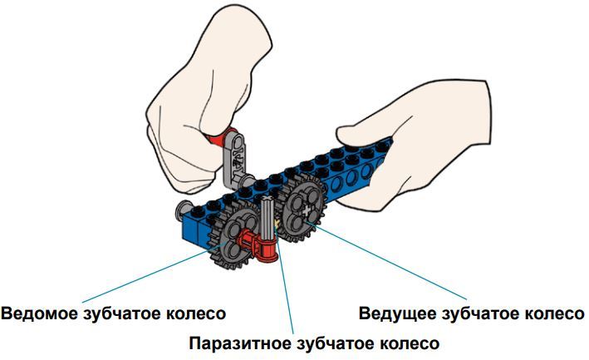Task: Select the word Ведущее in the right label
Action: click(x=397, y=313)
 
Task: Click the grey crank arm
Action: click(x=236, y=159)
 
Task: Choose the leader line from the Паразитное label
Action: click(x=284, y=279)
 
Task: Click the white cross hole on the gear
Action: click(x=307, y=210)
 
